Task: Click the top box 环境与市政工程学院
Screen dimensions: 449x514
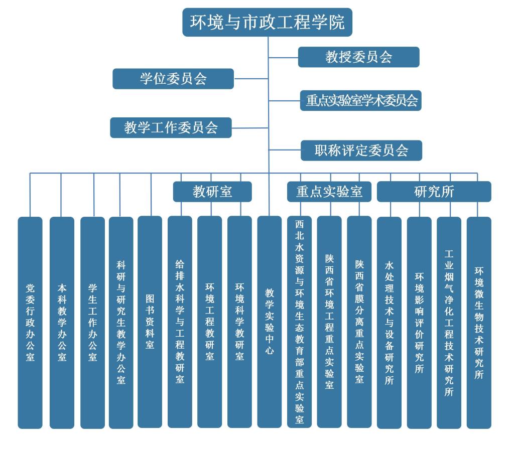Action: click(x=267, y=23)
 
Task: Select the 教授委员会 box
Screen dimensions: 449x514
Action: click(x=358, y=57)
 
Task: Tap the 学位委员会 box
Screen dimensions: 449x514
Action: click(x=173, y=79)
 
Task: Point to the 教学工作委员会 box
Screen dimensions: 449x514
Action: click(x=171, y=127)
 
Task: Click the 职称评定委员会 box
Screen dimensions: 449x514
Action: click(x=361, y=151)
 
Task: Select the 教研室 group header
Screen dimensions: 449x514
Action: click(x=212, y=192)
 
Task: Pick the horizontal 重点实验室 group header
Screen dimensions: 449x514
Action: click(x=329, y=192)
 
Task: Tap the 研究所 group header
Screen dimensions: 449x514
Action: click(x=434, y=192)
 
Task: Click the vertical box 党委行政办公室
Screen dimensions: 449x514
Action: click(x=30, y=322)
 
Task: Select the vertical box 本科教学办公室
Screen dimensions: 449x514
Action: click(x=62, y=322)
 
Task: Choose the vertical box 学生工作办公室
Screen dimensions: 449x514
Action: click(x=92, y=322)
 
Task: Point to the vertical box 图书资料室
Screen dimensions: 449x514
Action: click(x=150, y=322)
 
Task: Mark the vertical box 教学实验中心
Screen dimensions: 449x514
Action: click(x=270, y=322)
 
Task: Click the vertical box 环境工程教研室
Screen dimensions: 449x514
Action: click(x=209, y=322)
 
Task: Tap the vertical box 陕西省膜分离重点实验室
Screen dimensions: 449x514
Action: click(x=359, y=322)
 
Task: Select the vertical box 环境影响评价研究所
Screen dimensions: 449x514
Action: click(x=419, y=322)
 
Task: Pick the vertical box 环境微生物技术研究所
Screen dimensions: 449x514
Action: click(x=479, y=322)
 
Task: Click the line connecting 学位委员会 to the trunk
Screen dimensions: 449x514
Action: click(x=251, y=79)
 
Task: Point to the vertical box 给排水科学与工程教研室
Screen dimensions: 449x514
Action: click(x=180, y=322)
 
